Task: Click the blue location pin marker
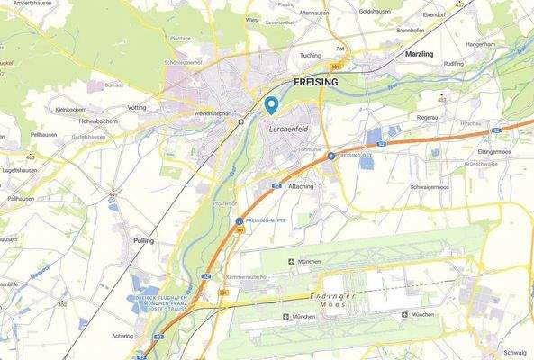[271, 104]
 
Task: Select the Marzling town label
[419, 54]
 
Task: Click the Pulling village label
[143, 240]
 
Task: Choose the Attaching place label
[300, 185]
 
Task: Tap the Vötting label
[137, 106]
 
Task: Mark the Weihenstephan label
[213, 114]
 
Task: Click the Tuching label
[310, 55]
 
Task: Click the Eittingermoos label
[494, 152]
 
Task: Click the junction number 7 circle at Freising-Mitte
[239, 220]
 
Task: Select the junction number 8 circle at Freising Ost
[331, 156]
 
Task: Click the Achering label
[122, 335]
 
